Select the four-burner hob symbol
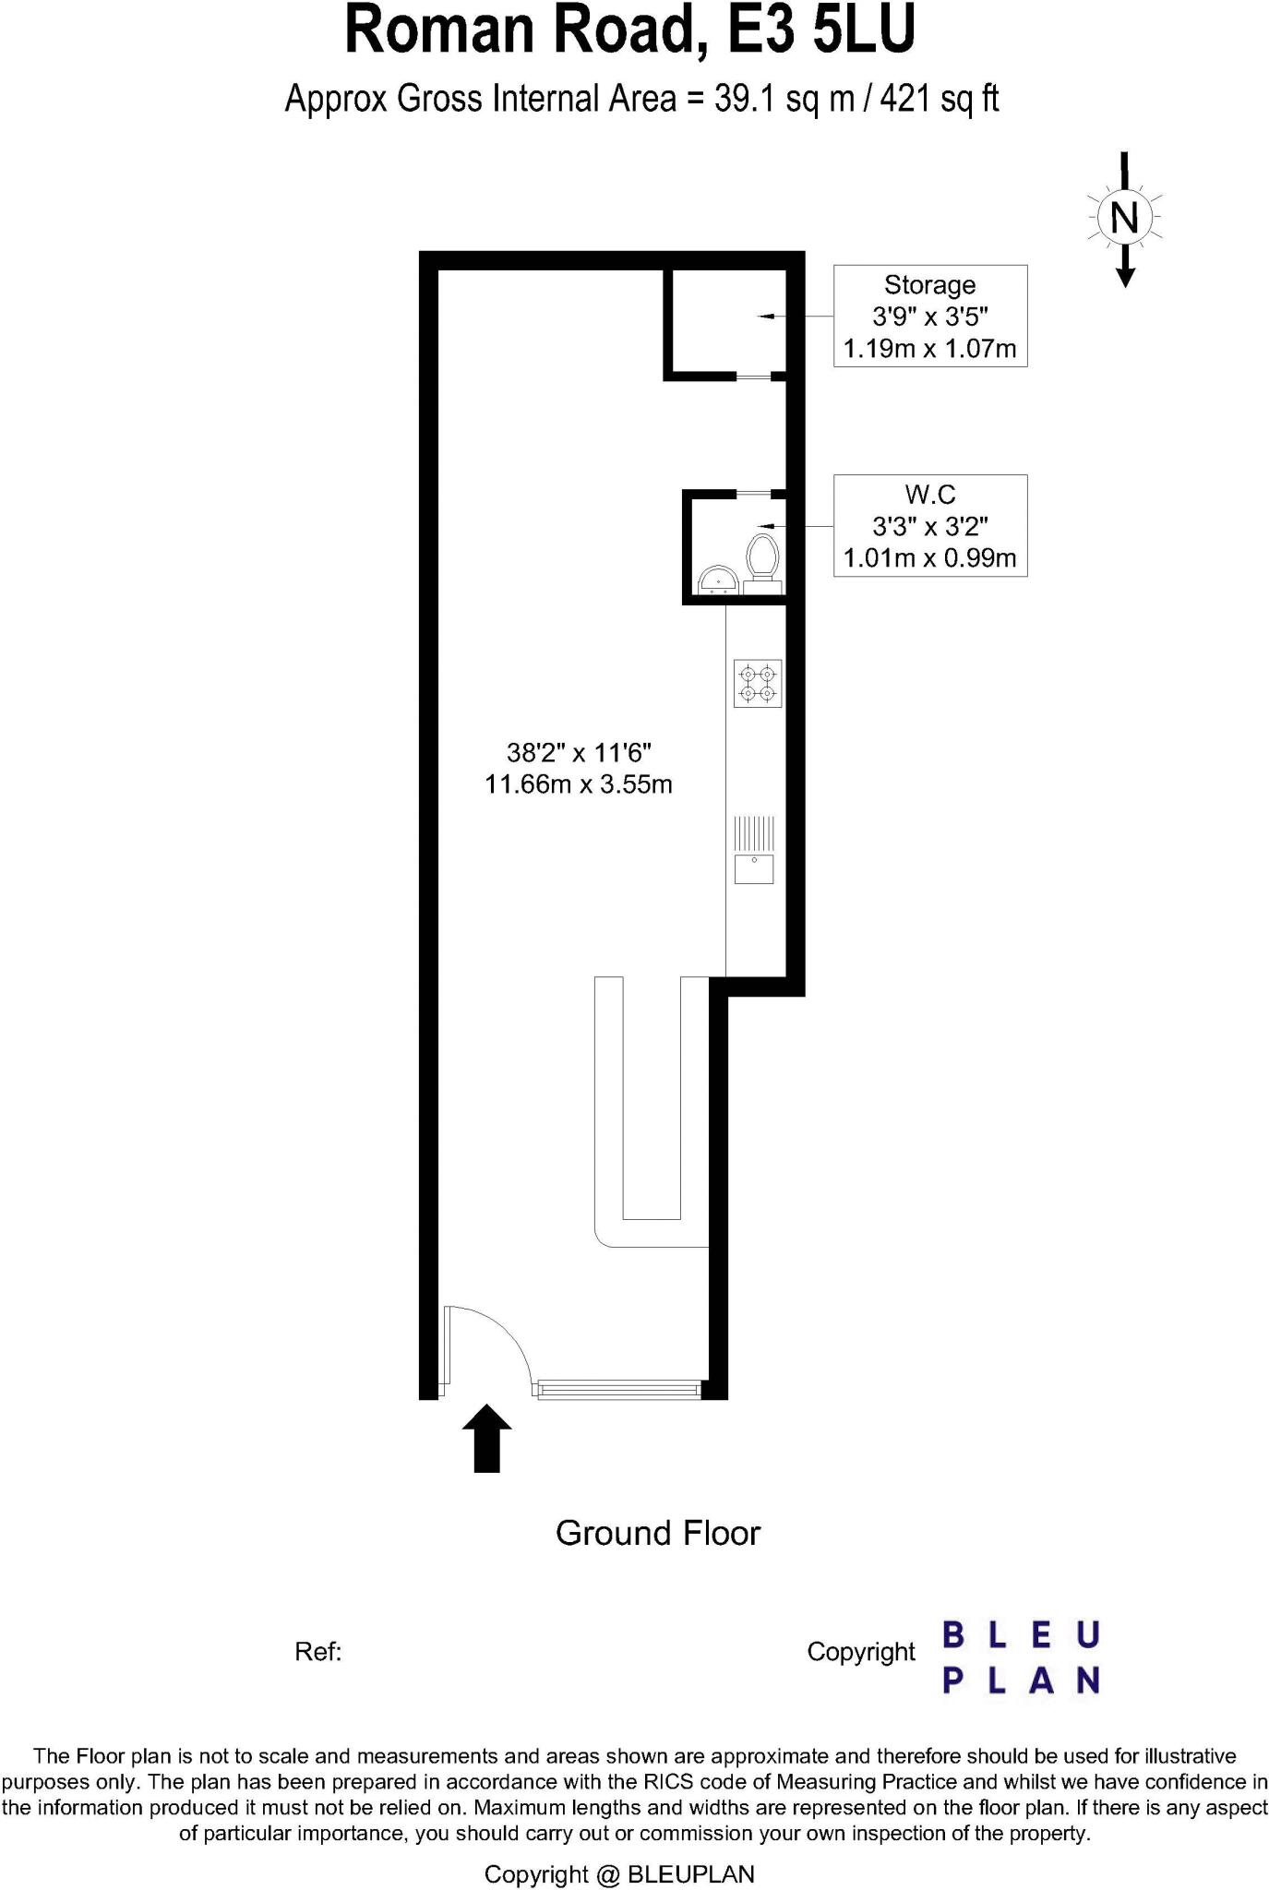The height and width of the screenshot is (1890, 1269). [x=758, y=684]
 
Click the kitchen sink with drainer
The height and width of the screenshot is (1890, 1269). [x=754, y=850]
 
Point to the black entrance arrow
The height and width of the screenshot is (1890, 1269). [x=486, y=1439]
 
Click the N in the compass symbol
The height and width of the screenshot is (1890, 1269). [x=1124, y=219]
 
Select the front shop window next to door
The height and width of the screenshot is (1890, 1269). [x=618, y=1388]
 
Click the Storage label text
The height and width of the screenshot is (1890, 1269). [x=929, y=285]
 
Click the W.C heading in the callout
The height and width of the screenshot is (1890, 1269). [x=929, y=495]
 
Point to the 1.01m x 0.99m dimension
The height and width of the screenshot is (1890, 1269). [x=929, y=558]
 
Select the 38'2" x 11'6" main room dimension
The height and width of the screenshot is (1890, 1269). [x=579, y=753]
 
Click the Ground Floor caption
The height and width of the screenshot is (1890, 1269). [x=657, y=1534]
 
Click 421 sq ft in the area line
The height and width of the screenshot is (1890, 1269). [x=939, y=98]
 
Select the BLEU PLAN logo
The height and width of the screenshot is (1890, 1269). [x=1020, y=1657]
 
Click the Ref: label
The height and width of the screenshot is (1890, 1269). [x=317, y=1652]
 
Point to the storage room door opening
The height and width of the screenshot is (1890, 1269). [x=753, y=377]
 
